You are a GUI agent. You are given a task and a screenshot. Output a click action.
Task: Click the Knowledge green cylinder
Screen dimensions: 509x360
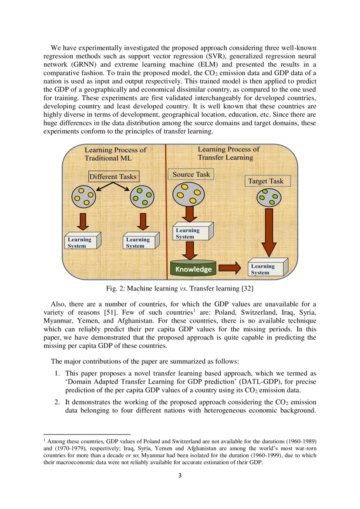pyautogui.click(x=193, y=269)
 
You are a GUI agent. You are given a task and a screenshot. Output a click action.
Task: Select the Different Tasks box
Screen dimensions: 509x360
pyautogui.click(x=113, y=176)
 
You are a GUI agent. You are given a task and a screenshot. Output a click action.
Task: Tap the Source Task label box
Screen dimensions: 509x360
pyautogui.click(x=191, y=174)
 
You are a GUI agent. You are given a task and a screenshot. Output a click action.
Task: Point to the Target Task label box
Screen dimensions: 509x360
pyautogui.click(x=265, y=181)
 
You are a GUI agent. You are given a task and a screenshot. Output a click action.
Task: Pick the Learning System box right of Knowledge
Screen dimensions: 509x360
pyautogui.click(x=266, y=268)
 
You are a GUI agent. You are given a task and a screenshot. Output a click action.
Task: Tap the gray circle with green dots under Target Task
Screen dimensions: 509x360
pyautogui.click(x=267, y=197)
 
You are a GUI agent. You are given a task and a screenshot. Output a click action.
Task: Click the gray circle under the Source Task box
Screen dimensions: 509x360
pyautogui.click(x=188, y=194)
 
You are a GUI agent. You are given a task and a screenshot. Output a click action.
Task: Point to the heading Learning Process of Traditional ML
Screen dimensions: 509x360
pyautogui.click(x=115, y=154)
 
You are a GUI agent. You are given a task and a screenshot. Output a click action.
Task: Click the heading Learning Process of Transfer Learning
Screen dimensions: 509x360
pyautogui.click(x=228, y=153)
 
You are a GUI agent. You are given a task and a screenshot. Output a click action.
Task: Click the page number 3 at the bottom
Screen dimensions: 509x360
pyautogui.click(x=180, y=475)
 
